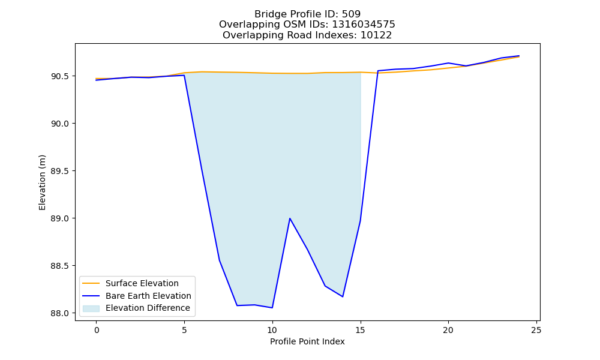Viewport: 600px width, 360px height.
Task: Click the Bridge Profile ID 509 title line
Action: pos(307,14)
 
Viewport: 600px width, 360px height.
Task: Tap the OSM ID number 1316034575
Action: pos(363,25)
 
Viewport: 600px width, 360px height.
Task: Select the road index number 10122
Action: pos(376,35)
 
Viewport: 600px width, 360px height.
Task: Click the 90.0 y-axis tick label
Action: pos(60,124)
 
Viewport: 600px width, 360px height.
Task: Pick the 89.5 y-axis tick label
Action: pos(60,171)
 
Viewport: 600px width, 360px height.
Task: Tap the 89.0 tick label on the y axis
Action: pos(60,218)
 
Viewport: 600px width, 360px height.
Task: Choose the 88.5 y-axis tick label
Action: pos(60,266)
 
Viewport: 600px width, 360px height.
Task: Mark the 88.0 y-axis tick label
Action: pos(60,313)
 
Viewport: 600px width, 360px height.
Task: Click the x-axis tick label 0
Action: pos(97,330)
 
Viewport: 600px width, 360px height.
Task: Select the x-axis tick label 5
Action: pos(184,330)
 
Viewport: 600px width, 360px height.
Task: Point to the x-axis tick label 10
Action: pos(272,330)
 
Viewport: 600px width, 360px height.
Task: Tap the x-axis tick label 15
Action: pos(360,330)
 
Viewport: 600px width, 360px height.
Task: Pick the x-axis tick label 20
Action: pos(448,330)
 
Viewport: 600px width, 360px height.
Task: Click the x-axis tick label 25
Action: pos(536,330)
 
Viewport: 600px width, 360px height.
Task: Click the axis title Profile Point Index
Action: pos(307,341)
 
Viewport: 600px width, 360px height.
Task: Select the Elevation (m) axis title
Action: pos(42,182)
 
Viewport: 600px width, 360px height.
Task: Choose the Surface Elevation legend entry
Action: pos(142,283)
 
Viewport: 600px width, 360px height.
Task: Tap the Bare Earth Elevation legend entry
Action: pos(148,296)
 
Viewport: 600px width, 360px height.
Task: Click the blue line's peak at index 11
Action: pos(290,218)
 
